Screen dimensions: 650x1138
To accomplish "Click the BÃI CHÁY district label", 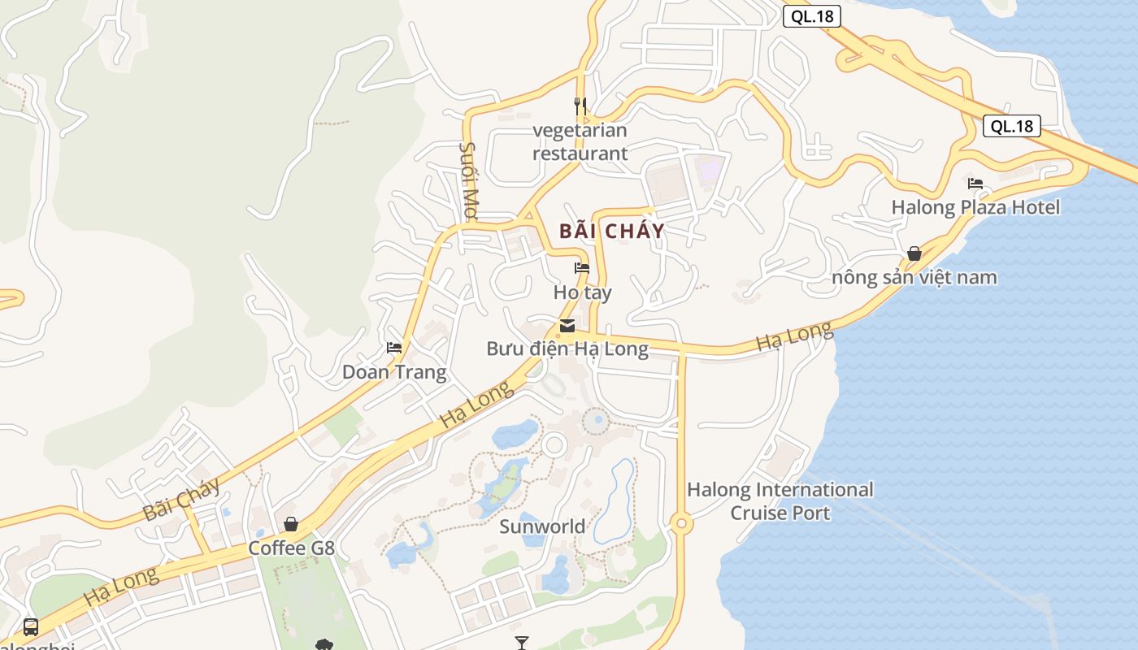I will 611,231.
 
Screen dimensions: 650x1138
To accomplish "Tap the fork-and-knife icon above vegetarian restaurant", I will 580,106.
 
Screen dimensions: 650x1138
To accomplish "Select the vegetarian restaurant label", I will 580,141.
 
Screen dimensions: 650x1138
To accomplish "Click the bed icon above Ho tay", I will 582,268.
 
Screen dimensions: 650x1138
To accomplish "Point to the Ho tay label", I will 582,292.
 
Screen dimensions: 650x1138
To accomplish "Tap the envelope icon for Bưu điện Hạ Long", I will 567,327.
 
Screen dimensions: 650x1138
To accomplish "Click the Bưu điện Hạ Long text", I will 567,349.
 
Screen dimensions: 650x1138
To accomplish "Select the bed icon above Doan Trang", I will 394,348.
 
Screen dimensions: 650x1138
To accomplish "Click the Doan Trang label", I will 394,372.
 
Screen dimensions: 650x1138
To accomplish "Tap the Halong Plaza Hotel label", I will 975,207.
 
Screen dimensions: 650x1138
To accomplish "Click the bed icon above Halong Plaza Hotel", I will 975,184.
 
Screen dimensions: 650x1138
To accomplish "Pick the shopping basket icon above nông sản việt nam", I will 914,254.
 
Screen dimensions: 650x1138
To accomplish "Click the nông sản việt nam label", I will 914,278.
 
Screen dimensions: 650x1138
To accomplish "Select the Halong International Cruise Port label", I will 780,501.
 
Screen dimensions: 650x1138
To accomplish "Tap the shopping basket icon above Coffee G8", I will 291,524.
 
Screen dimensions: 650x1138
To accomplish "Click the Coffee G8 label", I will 291,548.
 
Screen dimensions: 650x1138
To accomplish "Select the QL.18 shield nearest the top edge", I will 811,16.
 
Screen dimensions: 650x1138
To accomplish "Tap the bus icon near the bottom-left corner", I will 31,627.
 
